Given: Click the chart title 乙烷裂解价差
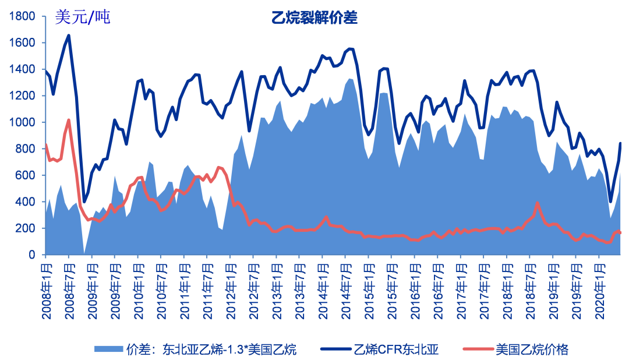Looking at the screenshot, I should click(x=314, y=18).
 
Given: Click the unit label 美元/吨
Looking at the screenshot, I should click(x=82, y=17).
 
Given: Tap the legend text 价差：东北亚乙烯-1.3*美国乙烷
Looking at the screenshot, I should click(x=211, y=350).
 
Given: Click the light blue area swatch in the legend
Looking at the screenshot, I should click(x=108, y=350).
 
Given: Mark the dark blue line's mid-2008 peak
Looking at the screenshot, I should click(x=69, y=36).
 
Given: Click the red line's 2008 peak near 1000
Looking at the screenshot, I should click(x=69, y=121).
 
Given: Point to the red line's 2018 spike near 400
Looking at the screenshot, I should click(x=537, y=203).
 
